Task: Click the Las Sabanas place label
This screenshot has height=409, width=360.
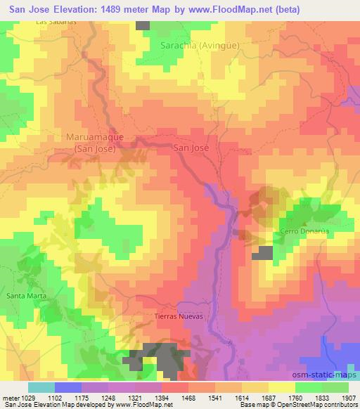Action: coord(56,22)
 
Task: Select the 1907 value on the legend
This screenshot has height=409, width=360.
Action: coord(347,397)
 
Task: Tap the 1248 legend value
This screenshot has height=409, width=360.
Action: coord(108,397)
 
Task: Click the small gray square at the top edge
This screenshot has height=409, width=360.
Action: coord(143,25)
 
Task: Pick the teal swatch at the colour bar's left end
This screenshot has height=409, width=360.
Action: coord(41,387)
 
